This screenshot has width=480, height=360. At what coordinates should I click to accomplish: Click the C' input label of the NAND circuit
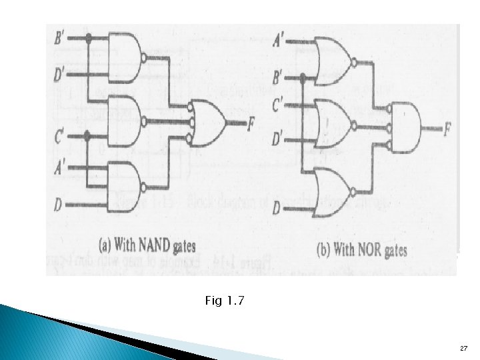point(59,137)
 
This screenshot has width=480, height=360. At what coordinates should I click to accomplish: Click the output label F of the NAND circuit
point(250,123)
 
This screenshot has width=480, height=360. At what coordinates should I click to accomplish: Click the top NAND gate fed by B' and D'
point(125,55)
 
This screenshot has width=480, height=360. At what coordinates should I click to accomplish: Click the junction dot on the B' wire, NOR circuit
point(303,79)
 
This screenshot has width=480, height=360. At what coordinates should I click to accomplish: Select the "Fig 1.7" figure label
point(225,302)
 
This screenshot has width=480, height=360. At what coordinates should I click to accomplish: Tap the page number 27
point(464,349)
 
